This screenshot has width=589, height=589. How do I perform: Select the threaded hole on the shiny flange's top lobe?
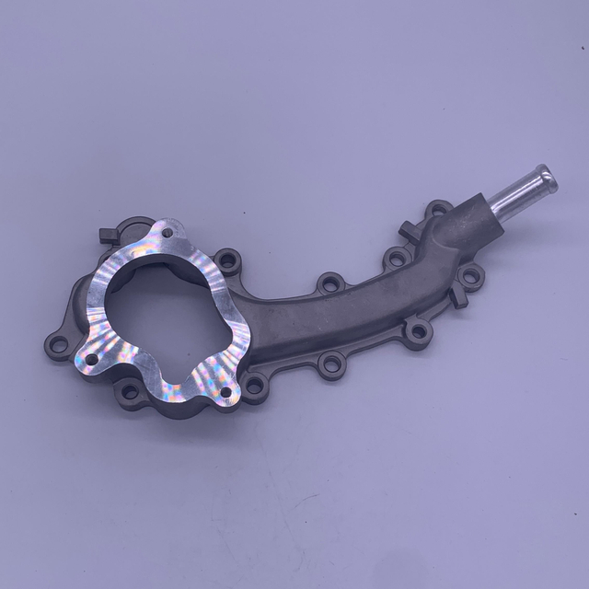point(167,234)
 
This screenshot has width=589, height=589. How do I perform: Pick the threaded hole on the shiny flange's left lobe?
point(91,359)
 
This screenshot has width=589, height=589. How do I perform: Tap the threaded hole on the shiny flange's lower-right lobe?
point(225,390)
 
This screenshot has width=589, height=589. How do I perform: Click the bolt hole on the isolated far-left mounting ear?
point(58,345)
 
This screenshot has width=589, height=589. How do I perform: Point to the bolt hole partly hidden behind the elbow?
point(438,208)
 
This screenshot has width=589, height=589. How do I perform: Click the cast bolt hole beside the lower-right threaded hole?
point(255,384)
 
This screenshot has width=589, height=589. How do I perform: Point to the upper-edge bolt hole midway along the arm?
point(329,283)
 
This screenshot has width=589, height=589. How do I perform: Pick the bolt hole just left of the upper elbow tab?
point(397,259)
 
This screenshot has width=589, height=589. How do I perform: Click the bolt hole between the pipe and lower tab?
point(470,274)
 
